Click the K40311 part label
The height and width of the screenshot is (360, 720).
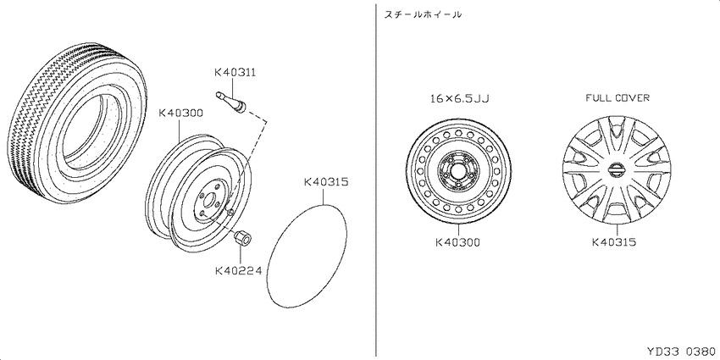(x=235, y=73)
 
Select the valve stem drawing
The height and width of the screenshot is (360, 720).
(x=231, y=101)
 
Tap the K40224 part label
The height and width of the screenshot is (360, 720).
(x=238, y=271)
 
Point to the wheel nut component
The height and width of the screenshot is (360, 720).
(x=242, y=239)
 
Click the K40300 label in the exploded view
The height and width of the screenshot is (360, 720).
(x=181, y=114)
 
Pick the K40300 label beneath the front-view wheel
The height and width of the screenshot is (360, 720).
(x=457, y=242)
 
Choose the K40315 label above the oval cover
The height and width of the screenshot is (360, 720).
(x=326, y=182)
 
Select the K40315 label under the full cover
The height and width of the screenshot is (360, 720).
(x=614, y=242)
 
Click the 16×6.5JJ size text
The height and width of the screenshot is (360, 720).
(x=460, y=98)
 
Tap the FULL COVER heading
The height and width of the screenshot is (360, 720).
(x=618, y=97)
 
